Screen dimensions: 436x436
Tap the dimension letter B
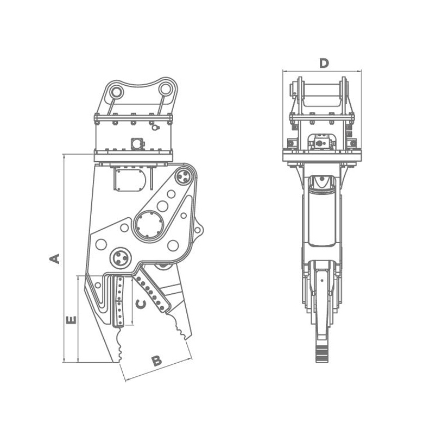[156, 361]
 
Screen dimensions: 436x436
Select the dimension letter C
[141, 304]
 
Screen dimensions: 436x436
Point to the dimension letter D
[324, 64]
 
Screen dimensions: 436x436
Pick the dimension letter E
[71, 320]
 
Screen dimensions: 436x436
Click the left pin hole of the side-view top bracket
[116, 91]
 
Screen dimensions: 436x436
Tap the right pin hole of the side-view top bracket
[165, 89]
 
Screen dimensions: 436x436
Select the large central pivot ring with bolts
[149, 225]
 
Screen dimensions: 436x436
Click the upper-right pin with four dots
[183, 177]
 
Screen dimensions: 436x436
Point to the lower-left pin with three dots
[121, 257]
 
